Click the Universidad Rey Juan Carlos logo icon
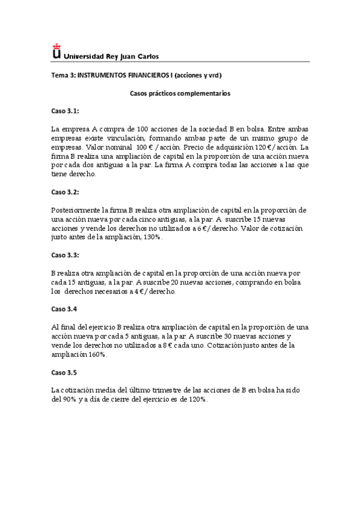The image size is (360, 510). coord(56,52)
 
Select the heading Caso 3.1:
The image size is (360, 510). coord(65,111)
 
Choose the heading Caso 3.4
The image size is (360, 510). coord(64,309)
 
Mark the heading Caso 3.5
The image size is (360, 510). coord(64,372)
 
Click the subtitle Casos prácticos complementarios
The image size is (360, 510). coord(180,93)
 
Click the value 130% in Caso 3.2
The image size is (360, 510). coord(153,238)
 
